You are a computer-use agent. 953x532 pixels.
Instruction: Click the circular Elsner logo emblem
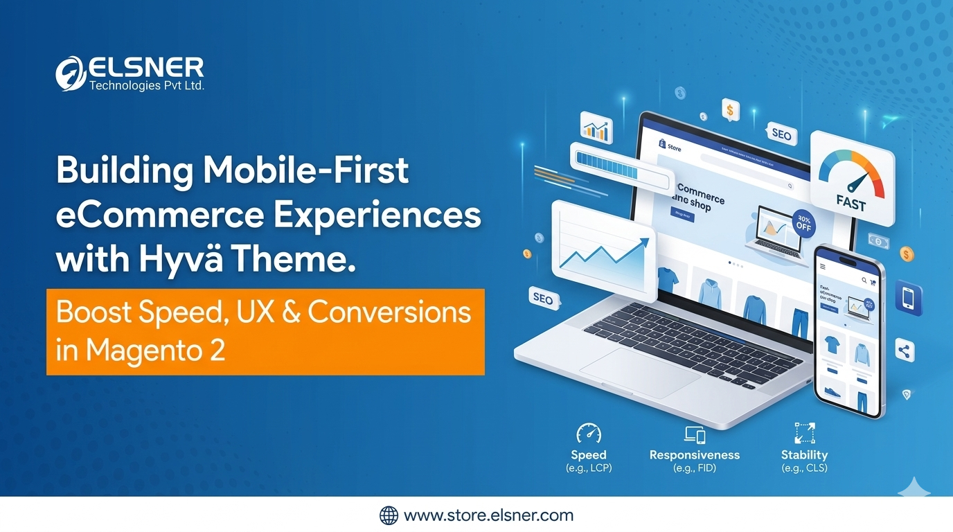pyautogui.click(x=71, y=73)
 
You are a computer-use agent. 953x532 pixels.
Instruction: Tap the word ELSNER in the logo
pyautogui.click(x=146, y=68)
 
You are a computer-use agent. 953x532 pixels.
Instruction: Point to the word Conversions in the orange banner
pyautogui.click(x=389, y=312)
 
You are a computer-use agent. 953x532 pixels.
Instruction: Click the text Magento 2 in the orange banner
pyautogui.click(x=156, y=351)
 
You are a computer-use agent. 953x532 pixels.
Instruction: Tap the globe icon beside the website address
pyautogui.click(x=389, y=515)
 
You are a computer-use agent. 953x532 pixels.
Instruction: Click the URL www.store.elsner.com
pyautogui.click(x=488, y=515)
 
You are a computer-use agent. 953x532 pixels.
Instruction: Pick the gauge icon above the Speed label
pyautogui.click(x=588, y=434)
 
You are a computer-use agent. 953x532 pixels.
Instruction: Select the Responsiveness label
pyautogui.click(x=694, y=455)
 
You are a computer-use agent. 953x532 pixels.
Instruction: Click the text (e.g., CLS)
pyautogui.click(x=804, y=468)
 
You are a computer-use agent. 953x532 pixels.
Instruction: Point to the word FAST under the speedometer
pyautogui.click(x=850, y=204)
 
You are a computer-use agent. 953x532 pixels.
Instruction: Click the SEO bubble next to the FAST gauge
pyautogui.click(x=781, y=135)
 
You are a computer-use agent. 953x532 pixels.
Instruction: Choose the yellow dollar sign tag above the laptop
pyautogui.click(x=729, y=109)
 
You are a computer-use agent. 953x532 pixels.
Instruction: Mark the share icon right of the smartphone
pyautogui.click(x=904, y=351)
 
